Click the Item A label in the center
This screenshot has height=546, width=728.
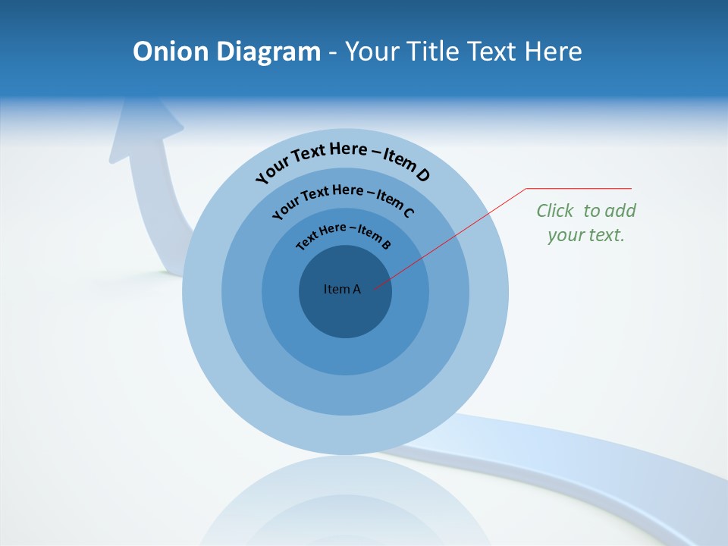pyautogui.click(x=342, y=289)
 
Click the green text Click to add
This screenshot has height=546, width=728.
pyautogui.click(x=586, y=211)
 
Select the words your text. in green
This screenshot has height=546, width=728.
pyautogui.click(x=586, y=235)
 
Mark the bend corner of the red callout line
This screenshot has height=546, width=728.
pyautogui.click(x=526, y=188)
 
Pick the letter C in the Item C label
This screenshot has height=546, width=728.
pyautogui.click(x=409, y=212)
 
